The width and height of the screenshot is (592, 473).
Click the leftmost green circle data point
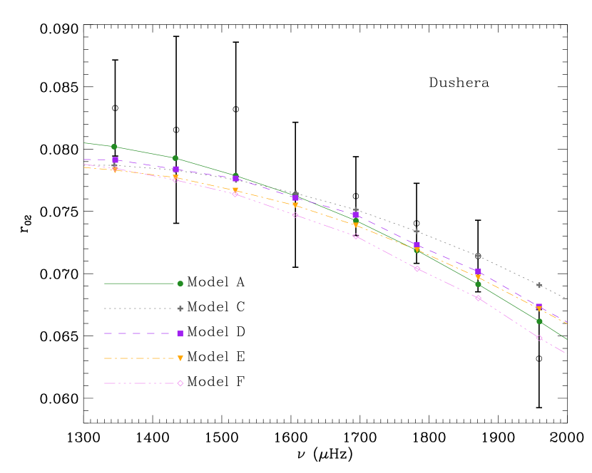114,147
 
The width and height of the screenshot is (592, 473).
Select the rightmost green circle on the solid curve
539,321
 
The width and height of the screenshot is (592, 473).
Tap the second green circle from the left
175,158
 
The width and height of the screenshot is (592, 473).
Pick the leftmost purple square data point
115,160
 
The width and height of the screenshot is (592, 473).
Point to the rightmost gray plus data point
539,285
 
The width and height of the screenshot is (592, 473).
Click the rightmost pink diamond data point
539,338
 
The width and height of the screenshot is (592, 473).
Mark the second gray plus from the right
478,256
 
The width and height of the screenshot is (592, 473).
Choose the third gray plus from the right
417,231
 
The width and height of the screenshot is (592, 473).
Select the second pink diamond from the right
478,298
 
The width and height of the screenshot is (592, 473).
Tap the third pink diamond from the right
417,269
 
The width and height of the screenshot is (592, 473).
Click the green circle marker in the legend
180,284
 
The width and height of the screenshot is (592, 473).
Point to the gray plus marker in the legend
180,308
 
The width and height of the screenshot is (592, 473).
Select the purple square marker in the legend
180,333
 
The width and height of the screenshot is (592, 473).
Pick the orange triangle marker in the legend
180,358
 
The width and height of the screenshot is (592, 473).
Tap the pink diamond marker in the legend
180,383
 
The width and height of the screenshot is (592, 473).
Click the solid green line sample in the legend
139,284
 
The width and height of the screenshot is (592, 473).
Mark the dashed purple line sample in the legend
139,333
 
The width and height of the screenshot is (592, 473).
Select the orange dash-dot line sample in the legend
139,358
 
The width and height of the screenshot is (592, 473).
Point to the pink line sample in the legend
139,383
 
